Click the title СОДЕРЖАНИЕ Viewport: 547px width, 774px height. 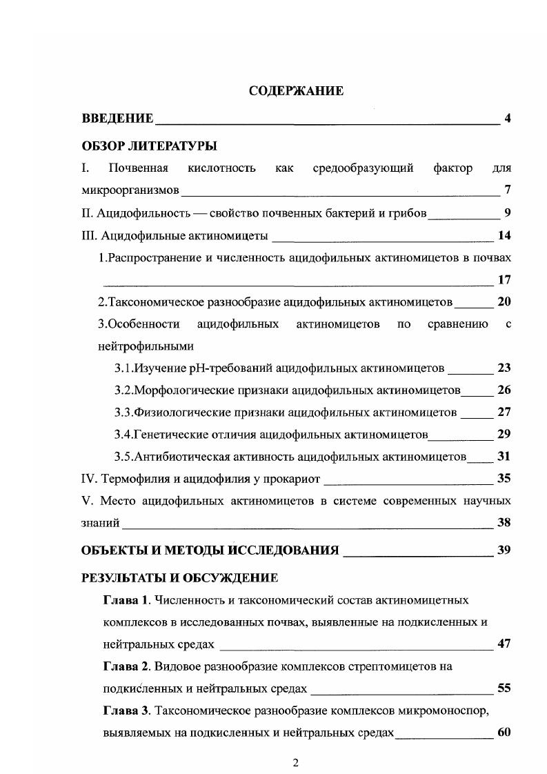pos(296,91)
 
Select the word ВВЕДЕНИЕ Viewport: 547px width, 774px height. pos(117,119)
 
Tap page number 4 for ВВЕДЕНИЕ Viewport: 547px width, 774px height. pos(507,119)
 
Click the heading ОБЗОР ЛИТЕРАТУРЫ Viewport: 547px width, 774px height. pos(149,146)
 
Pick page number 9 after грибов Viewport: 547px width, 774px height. pos(507,212)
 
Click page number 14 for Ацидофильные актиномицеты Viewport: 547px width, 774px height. pos(504,235)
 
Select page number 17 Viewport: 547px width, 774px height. pos(504,279)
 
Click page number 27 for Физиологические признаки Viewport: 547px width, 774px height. pos(504,412)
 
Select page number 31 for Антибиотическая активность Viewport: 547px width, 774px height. pos(504,456)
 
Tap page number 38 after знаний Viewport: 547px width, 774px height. pos(504,522)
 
